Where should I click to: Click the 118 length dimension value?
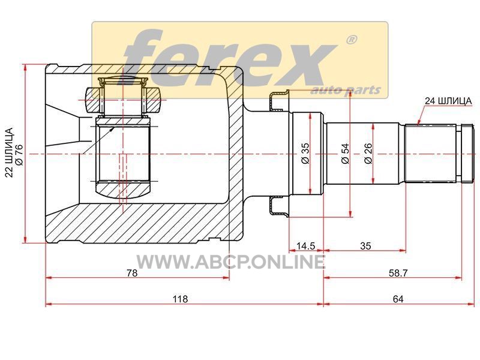[180, 299]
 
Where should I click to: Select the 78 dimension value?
[132, 273]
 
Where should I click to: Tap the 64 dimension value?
[398, 299]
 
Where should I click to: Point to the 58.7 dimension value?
[398, 273]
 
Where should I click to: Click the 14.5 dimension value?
[305, 246]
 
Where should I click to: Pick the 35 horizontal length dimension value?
[365, 246]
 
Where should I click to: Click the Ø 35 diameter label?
[305, 153]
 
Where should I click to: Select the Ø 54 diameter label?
[345, 153]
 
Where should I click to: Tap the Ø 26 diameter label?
[368, 153]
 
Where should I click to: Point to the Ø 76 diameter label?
[19, 155]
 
